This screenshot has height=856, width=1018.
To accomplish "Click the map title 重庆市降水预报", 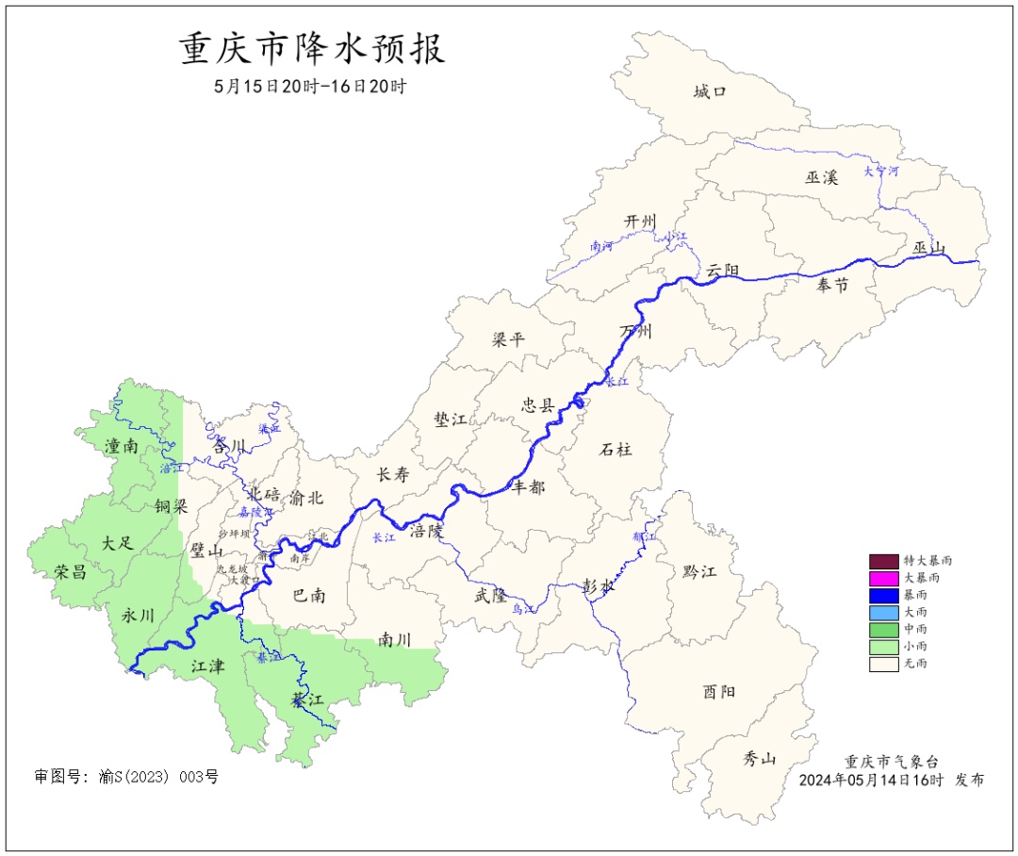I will [312, 49].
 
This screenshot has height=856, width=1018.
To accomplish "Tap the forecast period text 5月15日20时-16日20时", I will [311, 87].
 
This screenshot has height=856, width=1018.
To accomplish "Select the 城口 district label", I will [710, 91].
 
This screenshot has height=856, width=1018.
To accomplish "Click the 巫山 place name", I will [928, 248].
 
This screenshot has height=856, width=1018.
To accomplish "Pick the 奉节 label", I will [832, 285].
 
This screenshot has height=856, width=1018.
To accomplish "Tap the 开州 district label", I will [640, 221].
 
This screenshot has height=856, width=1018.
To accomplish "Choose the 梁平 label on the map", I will [508, 339].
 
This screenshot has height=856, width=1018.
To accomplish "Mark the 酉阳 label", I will [718, 691].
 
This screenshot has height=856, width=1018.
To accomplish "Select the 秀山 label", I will [759, 757].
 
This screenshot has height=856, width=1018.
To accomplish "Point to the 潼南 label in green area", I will [122, 446].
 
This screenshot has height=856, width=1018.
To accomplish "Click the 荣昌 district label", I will [71, 571].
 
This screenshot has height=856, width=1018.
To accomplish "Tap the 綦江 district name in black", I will [306, 700].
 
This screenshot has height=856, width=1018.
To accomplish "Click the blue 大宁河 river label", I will [881, 172].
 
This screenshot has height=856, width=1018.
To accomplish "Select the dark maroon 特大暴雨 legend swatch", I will [883, 560].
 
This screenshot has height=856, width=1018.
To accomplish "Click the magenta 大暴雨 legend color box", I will [883, 577].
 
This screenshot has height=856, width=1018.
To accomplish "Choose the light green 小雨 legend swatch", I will [883, 646].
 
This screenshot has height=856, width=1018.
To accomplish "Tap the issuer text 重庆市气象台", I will [891, 762].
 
